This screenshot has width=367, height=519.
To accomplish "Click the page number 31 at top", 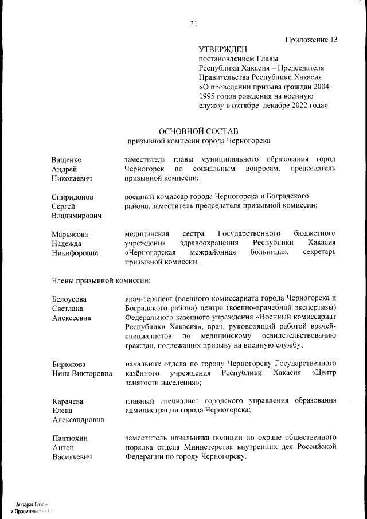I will coord(194,24).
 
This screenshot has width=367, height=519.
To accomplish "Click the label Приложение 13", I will coord(310,40).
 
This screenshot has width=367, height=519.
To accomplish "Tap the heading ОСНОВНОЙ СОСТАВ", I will coord(198,131).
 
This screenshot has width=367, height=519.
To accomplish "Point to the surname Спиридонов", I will coord(72,196).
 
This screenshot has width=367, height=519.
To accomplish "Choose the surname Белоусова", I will coord(69,299).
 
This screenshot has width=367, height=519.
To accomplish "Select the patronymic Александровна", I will coord(78,420).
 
